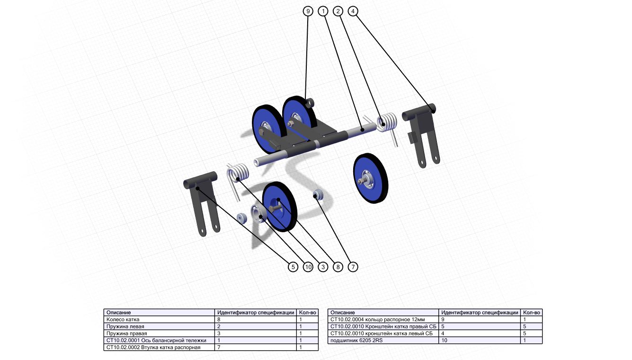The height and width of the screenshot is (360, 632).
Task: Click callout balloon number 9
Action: (x=308, y=11)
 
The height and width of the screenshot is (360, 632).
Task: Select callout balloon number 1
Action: (x=323, y=11)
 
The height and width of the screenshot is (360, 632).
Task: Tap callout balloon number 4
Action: (x=353, y=11)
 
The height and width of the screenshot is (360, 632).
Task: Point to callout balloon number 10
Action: (x=308, y=267)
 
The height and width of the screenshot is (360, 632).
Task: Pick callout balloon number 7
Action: (x=353, y=267)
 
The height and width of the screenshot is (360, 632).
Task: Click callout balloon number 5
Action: (x=293, y=267)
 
